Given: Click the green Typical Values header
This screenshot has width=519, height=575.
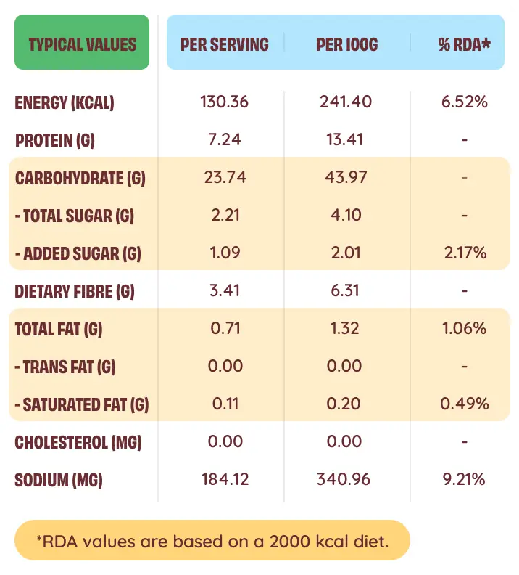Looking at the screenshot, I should pyautogui.click(x=82, y=44).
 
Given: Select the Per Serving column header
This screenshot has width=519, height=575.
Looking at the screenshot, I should pyautogui.click(x=225, y=44).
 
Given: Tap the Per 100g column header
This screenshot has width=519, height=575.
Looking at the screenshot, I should pyautogui.click(x=347, y=44).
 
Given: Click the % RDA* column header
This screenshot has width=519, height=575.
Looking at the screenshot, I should pyautogui.click(x=465, y=44).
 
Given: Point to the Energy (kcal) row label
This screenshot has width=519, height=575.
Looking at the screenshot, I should pyautogui.click(x=65, y=102).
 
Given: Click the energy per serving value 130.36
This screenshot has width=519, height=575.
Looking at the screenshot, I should pyautogui.click(x=225, y=102).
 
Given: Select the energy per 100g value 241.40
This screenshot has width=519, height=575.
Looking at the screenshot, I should pyautogui.click(x=346, y=102).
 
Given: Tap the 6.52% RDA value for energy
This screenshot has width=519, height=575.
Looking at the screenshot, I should pyautogui.click(x=465, y=102).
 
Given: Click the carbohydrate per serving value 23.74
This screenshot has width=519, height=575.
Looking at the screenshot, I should pyautogui.click(x=225, y=177).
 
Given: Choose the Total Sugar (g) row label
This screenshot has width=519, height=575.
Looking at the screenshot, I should pyautogui.click(x=75, y=216).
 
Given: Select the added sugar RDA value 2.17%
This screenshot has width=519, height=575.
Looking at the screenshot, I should pyautogui.click(x=465, y=253).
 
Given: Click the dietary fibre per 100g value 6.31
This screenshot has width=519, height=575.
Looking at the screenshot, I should pyautogui.click(x=346, y=290).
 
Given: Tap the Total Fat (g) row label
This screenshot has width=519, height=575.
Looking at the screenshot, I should pyautogui.click(x=59, y=329).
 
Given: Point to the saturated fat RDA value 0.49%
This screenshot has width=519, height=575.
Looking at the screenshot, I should pyautogui.click(x=465, y=404).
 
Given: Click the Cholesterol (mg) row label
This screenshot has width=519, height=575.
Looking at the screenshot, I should pyautogui.click(x=78, y=442).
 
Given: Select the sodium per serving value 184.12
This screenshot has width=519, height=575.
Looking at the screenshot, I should pyautogui.click(x=225, y=479).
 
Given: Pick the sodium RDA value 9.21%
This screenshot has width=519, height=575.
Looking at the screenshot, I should pyautogui.click(x=465, y=479).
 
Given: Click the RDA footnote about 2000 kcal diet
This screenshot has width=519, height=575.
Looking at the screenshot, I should pyautogui.click(x=212, y=540).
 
